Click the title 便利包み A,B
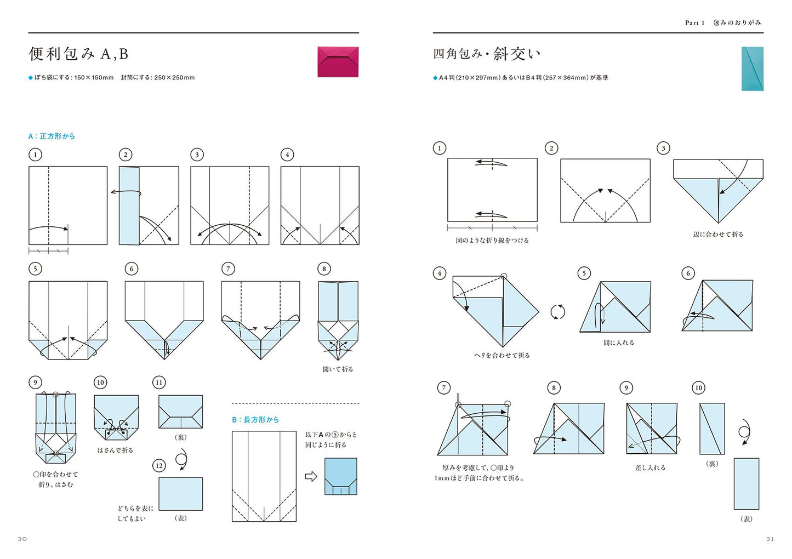(78, 54)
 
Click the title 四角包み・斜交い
(487, 54)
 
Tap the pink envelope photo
(338, 61)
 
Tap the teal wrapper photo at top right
(752, 69)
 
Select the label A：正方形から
(52, 136)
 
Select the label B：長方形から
(255, 419)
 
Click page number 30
(22, 539)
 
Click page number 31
(770, 539)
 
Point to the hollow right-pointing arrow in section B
(311, 476)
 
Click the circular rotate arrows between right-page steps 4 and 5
(557, 312)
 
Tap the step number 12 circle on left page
(159, 466)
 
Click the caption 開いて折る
(338, 369)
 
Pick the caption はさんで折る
(115, 450)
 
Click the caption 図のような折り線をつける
(492, 240)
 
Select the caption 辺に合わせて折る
(718, 234)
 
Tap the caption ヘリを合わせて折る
(502, 355)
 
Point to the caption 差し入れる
(650, 467)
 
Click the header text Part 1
(694, 22)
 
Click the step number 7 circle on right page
(444, 388)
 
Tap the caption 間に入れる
(619, 343)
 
